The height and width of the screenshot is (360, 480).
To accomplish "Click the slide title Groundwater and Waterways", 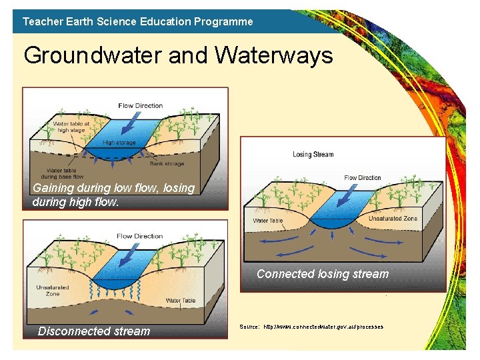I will tap(178, 55).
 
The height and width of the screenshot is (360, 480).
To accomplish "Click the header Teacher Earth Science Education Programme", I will tap(137, 21).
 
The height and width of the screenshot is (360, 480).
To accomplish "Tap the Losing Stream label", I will tap(313, 155).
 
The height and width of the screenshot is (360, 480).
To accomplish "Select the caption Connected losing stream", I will tap(322, 274).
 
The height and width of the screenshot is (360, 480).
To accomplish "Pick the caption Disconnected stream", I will tap(94, 331).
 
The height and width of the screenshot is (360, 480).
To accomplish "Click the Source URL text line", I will tap(311, 327).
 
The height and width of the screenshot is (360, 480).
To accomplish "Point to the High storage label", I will tap(119, 143).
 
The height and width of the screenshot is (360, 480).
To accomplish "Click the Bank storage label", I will tap(167, 163).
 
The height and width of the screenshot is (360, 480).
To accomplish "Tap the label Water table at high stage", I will tap(71, 127).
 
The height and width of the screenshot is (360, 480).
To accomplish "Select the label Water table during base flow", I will tap(65, 173).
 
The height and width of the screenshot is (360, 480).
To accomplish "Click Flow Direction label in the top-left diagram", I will tap(140, 105).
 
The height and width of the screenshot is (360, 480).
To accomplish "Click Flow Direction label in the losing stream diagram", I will tap(363, 178).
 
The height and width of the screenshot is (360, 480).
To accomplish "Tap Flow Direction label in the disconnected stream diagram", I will tap(139, 236).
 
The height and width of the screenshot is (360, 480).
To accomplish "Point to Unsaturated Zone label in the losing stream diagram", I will tap(393, 218).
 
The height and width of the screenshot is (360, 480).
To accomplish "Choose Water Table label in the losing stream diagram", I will tap(267, 221).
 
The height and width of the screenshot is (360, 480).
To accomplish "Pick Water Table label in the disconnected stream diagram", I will tap(180, 301).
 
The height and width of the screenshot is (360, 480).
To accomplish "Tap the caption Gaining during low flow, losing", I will tap(113, 188).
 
